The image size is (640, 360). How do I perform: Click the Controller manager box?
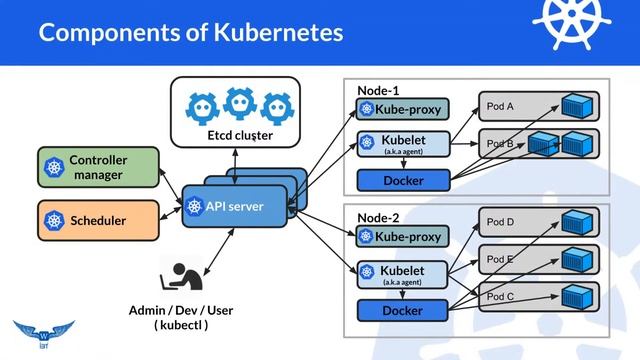[x=97, y=167]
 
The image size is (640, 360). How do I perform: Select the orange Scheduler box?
[x=97, y=220]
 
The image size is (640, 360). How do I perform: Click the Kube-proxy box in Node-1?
[x=403, y=109]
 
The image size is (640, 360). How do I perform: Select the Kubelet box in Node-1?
[x=403, y=144]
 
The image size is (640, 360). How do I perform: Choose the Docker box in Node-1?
[x=403, y=181]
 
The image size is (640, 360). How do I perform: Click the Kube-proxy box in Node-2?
[x=403, y=237]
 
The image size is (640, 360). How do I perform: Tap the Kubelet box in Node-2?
[x=403, y=275]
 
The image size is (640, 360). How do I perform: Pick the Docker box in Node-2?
[x=403, y=312]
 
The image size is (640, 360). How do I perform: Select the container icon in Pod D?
[x=577, y=223]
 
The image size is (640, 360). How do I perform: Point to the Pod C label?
[x=500, y=297]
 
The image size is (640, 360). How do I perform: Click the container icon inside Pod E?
[x=577, y=260]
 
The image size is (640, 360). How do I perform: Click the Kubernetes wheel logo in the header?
[x=572, y=23]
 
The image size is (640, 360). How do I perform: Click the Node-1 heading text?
[x=379, y=90]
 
